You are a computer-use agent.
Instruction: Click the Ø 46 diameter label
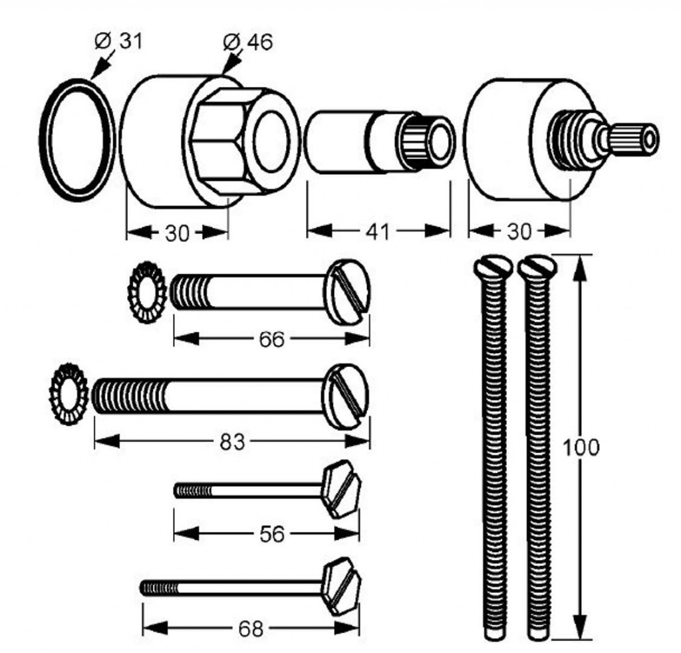(248, 42)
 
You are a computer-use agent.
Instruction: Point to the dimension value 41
(378, 231)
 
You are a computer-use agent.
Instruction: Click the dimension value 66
(271, 339)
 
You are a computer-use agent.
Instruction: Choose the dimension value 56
(271, 533)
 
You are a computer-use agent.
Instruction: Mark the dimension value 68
(250, 628)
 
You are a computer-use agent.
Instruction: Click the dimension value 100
(581, 447)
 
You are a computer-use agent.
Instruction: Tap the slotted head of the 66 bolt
(348, 293)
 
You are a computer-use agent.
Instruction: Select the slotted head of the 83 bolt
(344, 396)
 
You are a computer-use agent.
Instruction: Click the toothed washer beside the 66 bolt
(147, 292)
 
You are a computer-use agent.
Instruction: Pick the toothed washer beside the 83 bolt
(69, 395)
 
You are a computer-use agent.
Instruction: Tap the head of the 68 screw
(341, 586)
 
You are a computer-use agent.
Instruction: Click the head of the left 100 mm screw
(493, 267)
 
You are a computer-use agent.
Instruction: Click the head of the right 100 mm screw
(537, 267)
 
